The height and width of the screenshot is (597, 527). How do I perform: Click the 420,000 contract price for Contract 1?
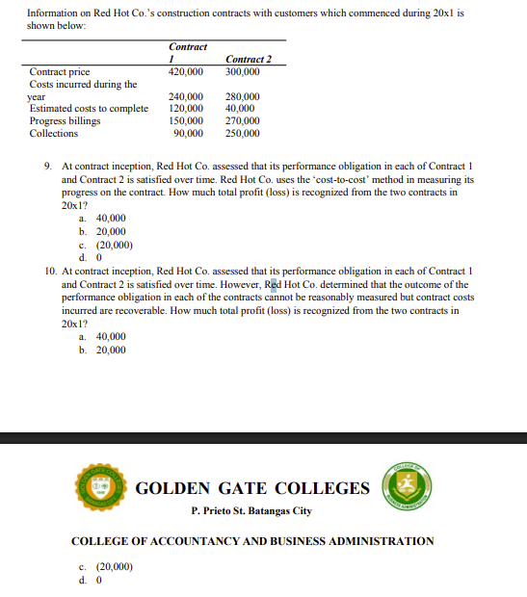[x=186, y=72]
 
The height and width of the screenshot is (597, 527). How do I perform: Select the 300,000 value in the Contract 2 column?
[x=242, y=72]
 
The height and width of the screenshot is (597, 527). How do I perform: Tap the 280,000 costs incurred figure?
[x=242, y=97]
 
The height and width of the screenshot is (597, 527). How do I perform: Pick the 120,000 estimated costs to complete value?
[x=186, y=109]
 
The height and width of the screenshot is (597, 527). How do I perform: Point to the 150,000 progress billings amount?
[x=186, y=121]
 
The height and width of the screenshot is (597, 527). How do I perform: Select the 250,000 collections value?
[x=242, y=134]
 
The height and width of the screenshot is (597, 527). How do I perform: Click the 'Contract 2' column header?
[x=248, y=60]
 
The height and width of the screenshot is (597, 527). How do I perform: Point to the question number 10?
[x=50, y=273]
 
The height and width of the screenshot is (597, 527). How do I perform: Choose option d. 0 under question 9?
[x=91, y=257]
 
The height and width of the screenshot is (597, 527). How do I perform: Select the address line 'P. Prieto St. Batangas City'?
[x=251, y=509]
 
